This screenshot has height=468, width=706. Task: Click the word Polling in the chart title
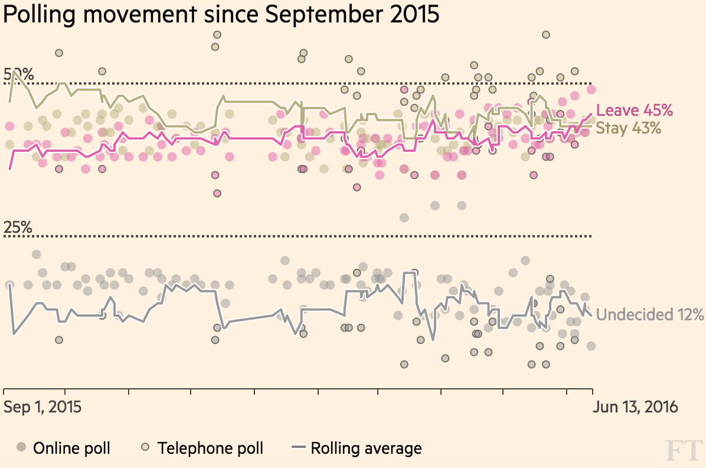[x=38, y=15]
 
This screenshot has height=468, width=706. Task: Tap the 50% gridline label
[x=19, y=75]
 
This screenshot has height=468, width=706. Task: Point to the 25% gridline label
[x=19, y=227]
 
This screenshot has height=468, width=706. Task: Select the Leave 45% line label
[x=635, y=110]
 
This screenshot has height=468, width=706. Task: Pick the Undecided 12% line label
[x=650, y=314]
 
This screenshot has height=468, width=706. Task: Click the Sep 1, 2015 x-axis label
[x=43, y=407]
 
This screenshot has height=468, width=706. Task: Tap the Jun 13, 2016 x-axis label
[x=636, y=407]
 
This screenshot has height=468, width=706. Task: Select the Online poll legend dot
[x=21, y=447]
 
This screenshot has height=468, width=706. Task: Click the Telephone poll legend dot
[x=145, y=447]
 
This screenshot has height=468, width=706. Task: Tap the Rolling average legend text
[x=366, y=448]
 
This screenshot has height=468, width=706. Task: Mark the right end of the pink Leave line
[x=592, y=114]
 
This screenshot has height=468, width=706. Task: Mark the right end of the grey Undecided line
[x=592, y=315]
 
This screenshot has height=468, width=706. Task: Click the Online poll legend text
[x=71, y=448]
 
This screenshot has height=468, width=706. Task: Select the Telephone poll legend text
[x=210, y=448]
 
